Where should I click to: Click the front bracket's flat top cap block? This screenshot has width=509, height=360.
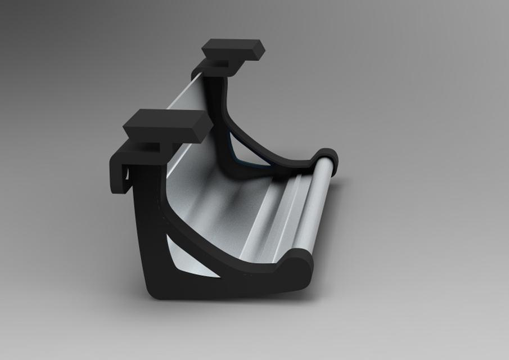[x=162, y=125]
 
